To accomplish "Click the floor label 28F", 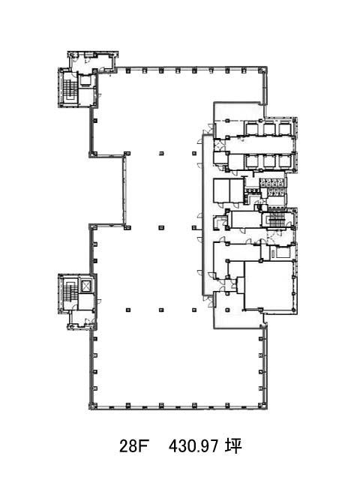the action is pyautogui.click(x=133, y=446).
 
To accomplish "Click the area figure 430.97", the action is pyautogui.click(x=193, y=446).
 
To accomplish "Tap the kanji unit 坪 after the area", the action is pyautogui.click(x=233, y=446).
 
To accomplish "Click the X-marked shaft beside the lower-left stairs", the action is pyautogui.click(x=86, y=286).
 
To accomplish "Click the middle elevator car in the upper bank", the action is pyautogui.click(x=269, y=128).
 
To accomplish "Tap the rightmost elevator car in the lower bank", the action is pyautogui.click(x=285, y=161).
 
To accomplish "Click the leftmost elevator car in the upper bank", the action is pyautogui.click(x=252, y=128).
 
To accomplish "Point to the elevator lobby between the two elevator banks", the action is pyautogui.click(x=260, y=145).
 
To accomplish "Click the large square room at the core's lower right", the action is pyautogui.click(x=268, y=285).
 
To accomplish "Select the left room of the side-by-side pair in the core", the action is pyautogui.click(x=221, y=190).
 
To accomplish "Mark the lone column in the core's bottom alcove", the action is pyautogui.click(x=227, y=310).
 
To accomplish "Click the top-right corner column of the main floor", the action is pyautogui.click(x=260, y=71).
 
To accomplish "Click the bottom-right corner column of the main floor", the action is pyautogui.click(x=261, y=406).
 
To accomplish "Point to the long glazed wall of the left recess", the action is pyautogui.click(x=124, y=190).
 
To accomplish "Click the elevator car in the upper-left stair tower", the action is pyautogui.click(x=85, y=80).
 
